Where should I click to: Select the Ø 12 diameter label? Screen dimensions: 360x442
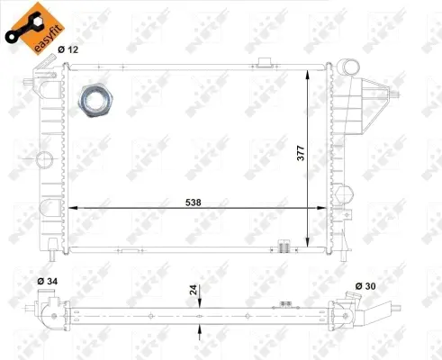click(x=68, y=50)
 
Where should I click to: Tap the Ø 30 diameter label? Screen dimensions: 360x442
click(x=365, y=286)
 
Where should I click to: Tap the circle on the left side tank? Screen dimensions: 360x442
click(x=44, y=161)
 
